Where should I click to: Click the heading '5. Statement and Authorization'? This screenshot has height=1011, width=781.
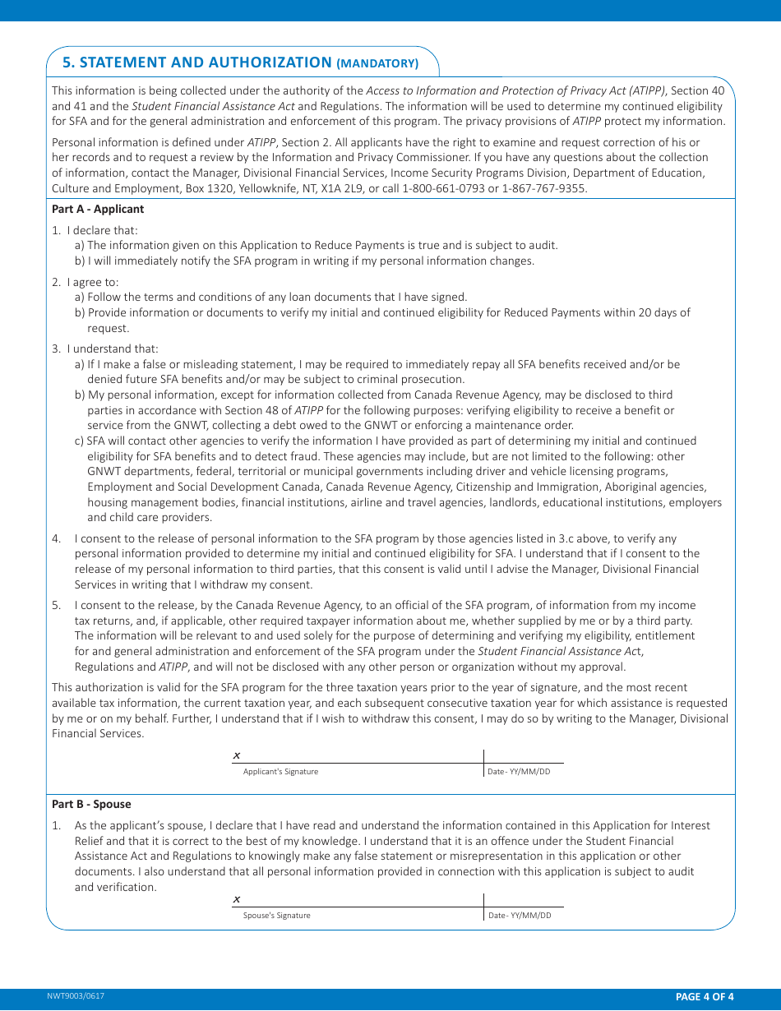[x=196, y=62]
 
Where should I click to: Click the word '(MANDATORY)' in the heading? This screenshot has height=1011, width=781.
[x=377, y=63]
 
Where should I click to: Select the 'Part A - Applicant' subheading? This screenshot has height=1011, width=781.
[x=98, y=209]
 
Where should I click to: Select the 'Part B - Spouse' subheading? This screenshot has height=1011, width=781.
[x=91, y=804]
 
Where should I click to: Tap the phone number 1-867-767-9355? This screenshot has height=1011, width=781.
[x=546, y=188]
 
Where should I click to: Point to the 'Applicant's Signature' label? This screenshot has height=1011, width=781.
[x=280, y=772]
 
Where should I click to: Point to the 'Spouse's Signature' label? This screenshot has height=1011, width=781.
[x=276, y=916]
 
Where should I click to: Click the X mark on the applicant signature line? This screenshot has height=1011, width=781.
[x=237, y=755]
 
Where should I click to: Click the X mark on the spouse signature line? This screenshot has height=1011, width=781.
[x=237, y=899]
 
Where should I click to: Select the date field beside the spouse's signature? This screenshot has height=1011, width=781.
[x=524, y=900]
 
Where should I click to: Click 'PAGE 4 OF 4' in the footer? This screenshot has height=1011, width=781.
[x=704, y=997]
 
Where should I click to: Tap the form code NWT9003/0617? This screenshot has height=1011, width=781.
[x=76, y=996]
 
